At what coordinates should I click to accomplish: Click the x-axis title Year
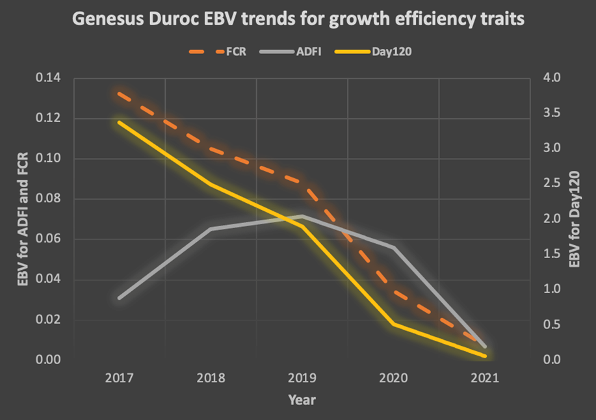(x=302, y=400)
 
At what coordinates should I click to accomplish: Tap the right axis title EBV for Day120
(x=574, y=218)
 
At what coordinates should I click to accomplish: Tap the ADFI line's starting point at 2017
(x=120, y=298)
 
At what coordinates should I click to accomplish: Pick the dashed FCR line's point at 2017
(x=120, y=94)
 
